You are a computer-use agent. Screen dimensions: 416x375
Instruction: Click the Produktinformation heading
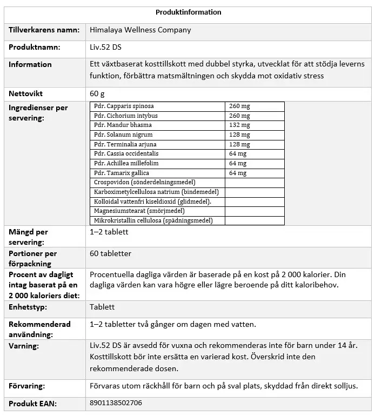(188, 12)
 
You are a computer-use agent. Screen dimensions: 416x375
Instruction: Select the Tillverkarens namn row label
(44, 30)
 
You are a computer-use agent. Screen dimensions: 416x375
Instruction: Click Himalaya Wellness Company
(140, 30)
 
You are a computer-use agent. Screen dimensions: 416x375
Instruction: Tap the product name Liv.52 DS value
(105, 48)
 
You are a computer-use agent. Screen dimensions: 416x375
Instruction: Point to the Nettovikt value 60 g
(97, 94)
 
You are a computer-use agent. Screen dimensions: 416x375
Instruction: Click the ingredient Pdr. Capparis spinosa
(124, 106)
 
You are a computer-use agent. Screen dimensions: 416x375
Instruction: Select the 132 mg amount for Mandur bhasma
(239, 125)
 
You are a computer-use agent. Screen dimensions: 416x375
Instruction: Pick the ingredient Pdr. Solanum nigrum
(123, 135)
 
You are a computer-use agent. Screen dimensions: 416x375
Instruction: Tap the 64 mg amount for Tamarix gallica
(238, 173)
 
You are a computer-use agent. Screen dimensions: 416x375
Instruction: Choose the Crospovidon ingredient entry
(144, 183)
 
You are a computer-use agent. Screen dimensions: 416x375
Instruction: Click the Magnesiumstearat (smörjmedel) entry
(139, 211)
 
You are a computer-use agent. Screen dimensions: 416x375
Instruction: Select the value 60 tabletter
(110, 253)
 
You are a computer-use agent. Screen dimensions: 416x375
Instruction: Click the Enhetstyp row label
(28, 307)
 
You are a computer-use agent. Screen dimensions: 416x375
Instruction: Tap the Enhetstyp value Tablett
(102, 307)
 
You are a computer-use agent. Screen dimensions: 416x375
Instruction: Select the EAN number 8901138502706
(116, 403)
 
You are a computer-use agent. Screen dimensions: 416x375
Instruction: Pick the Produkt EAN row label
(32, 404)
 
